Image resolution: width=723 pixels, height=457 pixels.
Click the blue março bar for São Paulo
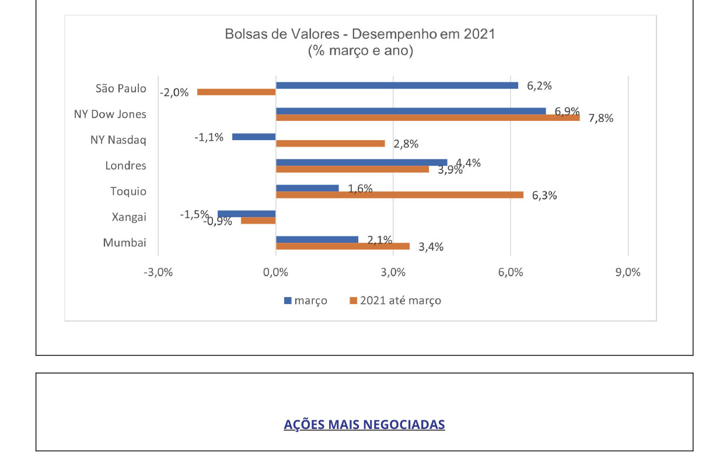pos(397,86)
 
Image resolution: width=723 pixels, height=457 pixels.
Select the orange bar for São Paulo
pos(236,92)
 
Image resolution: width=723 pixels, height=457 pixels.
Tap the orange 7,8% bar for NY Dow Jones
pos(428,118)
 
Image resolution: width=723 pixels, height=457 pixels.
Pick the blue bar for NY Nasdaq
pos(254,137)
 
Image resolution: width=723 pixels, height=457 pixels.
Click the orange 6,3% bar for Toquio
pos(400,195)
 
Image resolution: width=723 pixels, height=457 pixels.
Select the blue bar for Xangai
pos(247,214)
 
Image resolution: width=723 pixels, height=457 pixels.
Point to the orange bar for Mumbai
pos(343,246)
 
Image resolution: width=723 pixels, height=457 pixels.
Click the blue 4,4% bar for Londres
pos(362,163)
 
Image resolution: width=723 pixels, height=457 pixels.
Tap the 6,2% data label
pos(539,86)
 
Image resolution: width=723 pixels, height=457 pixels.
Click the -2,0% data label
pos(174,93)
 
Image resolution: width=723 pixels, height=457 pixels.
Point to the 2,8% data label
pos(406,144)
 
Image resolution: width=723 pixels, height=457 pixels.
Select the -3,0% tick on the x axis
pos(158,273)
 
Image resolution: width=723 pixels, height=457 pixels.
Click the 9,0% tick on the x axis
pos(628,273)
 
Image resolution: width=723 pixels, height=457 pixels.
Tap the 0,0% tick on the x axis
pos(275,273)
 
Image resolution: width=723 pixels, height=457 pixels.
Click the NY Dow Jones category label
pos(110,114)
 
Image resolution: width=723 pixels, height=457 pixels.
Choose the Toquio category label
pos(128,191)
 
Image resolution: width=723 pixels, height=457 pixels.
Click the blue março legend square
pos(288,301)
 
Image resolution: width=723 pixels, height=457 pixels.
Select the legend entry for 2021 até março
pos(396,301)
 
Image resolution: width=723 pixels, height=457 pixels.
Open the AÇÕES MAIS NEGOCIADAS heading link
pos(364,425)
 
